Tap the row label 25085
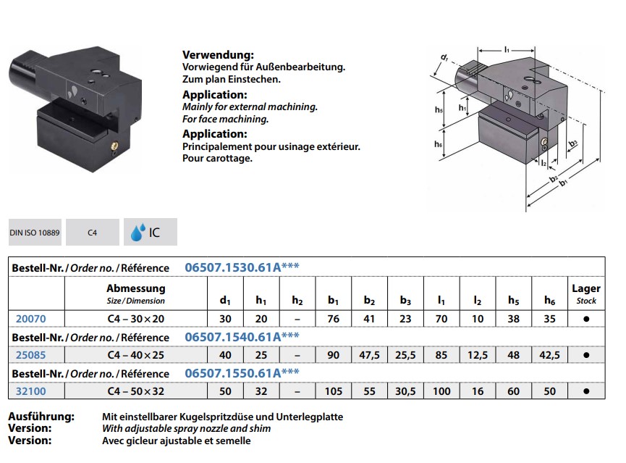[30, 355]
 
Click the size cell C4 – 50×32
[135, 391]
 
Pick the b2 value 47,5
[371, 355]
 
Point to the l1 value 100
[441, 391]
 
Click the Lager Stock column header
[585, 293]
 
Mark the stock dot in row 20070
[585, 318]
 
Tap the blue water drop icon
[136, 233]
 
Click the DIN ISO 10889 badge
[35, 233]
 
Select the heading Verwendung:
[218, 55]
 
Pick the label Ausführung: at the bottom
[41, 417]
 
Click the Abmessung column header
[135, 288]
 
